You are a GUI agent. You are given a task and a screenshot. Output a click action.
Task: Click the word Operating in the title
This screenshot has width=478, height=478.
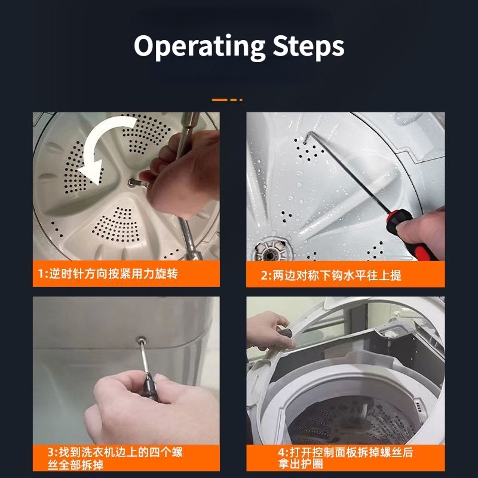200,47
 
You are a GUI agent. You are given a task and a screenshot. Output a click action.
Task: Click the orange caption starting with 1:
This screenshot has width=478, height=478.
126,274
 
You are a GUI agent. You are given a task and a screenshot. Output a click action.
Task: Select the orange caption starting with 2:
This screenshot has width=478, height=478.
345,274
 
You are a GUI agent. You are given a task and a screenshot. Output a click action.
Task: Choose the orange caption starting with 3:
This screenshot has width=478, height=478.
126,458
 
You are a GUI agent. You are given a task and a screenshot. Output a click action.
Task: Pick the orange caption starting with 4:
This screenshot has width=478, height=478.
345,458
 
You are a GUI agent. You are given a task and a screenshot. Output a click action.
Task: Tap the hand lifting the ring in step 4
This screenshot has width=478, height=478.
268,331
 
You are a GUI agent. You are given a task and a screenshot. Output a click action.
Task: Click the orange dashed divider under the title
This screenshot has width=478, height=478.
227,100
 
